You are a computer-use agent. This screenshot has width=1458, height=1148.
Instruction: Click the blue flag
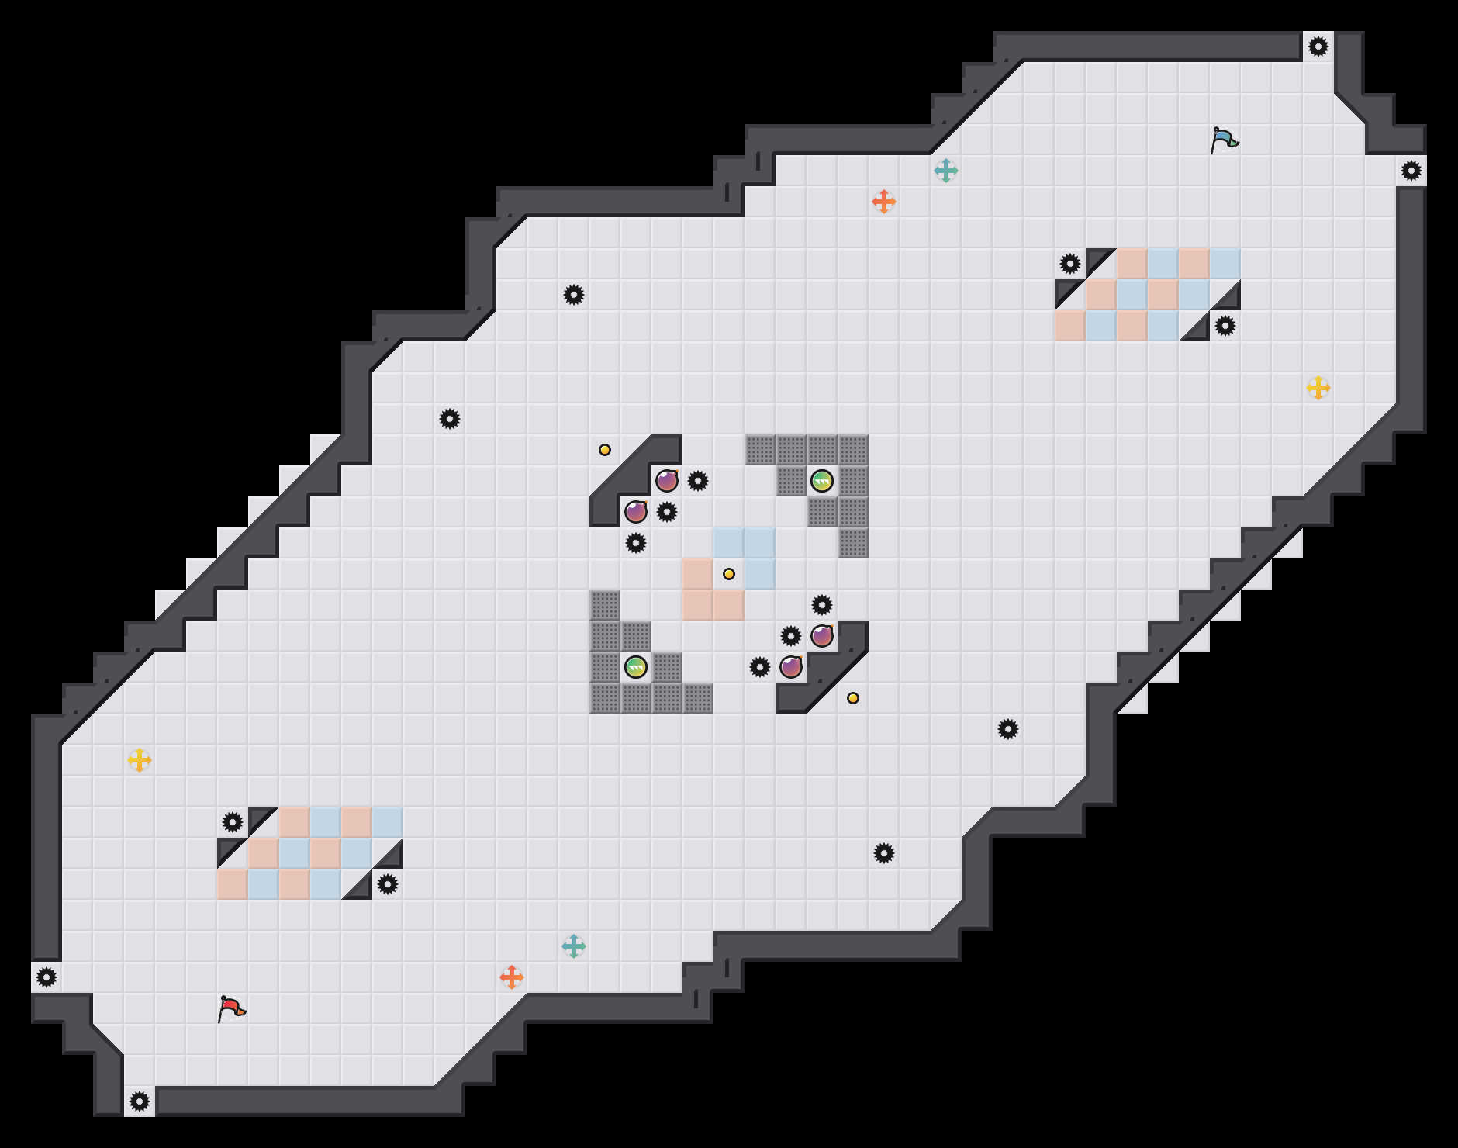point(1224,140)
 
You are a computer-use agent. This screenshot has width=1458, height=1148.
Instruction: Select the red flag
point(231,1008)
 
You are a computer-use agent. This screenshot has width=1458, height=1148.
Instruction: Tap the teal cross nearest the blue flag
point(945,171)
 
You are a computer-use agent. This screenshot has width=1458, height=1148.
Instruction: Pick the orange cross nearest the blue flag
point(883,202)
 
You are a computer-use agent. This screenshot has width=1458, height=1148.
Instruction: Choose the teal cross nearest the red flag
point(573,946)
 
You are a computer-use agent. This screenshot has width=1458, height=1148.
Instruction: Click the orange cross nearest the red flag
point(511,977)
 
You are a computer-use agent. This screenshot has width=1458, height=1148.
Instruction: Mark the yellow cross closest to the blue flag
point(1318,388)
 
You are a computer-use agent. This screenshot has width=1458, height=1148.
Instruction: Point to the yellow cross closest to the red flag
point(139,760)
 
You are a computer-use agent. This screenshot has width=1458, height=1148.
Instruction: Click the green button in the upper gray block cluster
point(821,481)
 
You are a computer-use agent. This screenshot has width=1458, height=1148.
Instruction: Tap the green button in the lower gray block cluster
point(635,667)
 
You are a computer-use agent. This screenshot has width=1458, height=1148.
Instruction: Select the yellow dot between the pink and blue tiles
point(728,574)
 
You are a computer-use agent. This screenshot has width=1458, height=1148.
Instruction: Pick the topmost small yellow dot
point(604,450)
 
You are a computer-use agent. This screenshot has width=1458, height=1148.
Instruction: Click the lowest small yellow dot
point(852,698)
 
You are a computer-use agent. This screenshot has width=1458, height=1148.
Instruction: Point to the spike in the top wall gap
point(1318,47)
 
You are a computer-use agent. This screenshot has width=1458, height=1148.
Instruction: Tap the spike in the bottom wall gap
point(139,1101)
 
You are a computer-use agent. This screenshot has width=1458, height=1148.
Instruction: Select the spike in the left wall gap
point(47,977)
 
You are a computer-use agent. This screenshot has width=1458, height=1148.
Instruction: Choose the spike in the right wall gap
point(1411,171)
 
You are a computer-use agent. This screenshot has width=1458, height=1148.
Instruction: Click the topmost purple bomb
point(666,481)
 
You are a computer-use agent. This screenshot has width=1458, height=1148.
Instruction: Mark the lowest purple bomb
point(790,667)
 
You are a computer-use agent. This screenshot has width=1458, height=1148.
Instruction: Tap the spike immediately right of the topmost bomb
point(697,481)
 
